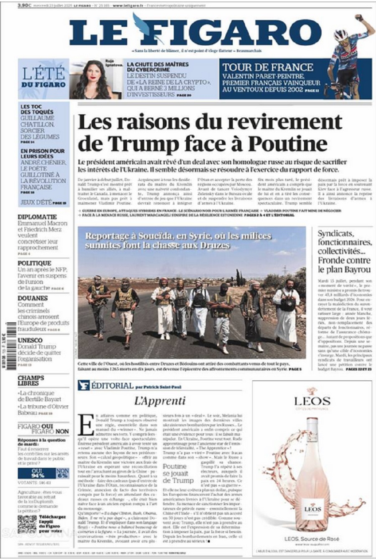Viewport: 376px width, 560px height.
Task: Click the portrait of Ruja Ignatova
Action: coord(91,79)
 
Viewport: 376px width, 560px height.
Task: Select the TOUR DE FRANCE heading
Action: coord(267,67)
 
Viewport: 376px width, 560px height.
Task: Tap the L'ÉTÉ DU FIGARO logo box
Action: coord(43,78)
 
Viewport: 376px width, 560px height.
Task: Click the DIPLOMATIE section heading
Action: coord(37,217)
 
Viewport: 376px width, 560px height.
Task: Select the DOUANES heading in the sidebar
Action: coord(33,298)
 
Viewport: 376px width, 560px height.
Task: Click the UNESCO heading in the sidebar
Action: coord(30,340)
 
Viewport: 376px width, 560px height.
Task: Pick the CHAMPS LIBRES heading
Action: coord(31,380)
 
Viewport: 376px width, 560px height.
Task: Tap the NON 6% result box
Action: coord(63,473)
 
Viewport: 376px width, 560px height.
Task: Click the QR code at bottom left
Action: coord(27,524)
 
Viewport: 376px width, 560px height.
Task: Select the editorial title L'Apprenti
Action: coord(160,401)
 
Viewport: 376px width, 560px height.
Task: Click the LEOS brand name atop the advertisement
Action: coord(312,401)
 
